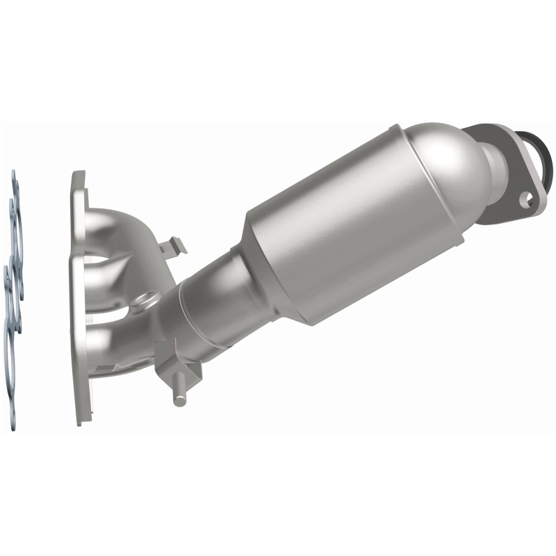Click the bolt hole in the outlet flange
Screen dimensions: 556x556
pyautogui.click(x=531, y=198)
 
